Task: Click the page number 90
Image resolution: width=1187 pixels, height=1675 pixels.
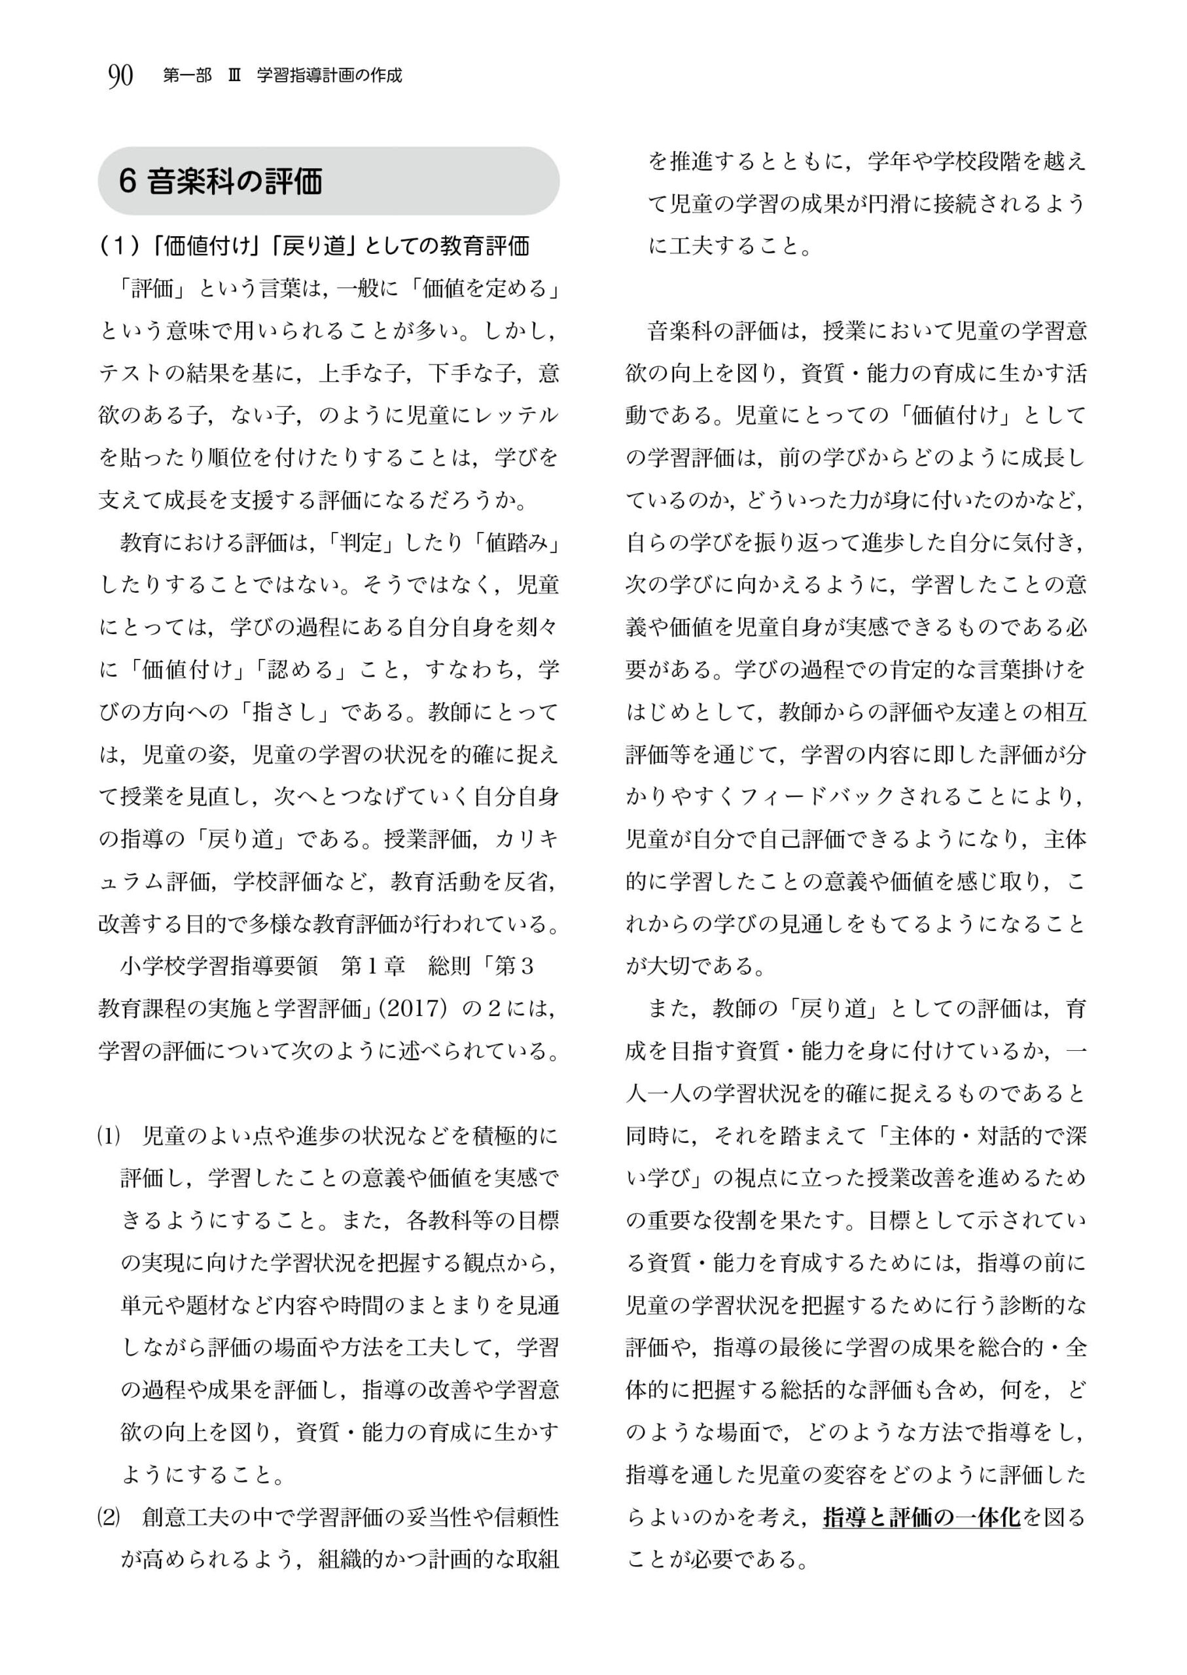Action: tap(120, 75)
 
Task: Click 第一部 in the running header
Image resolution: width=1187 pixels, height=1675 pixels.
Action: tap(188, 76)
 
